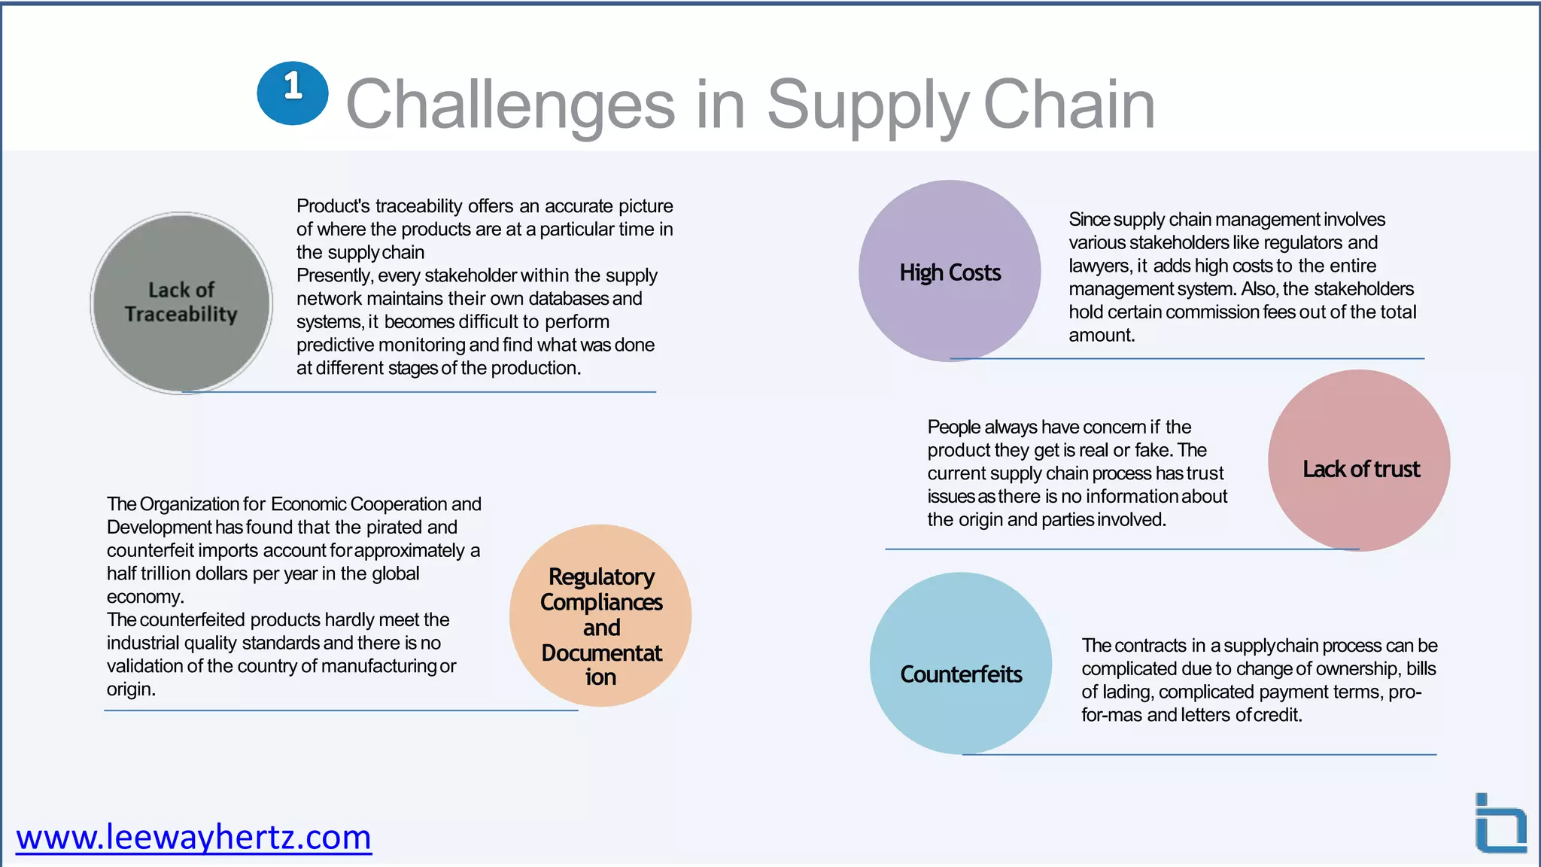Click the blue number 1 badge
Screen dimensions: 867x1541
click(x=292, y=93)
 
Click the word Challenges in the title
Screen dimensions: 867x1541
click(x=510, y=105)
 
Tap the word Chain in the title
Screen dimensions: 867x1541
click(x=1068, y=105)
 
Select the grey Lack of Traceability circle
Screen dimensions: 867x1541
click(x=181, y=303)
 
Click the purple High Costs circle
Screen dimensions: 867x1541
click(x=950, y=271)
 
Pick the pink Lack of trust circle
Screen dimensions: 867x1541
click(x=1359, y=461)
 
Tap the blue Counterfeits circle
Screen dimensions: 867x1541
click(x=960, y=663)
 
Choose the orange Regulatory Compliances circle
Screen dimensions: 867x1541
click(x=600, y=616)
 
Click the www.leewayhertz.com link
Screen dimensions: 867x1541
click(x=193, y=837)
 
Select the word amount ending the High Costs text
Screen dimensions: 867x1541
click(x=1100, y=336)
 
